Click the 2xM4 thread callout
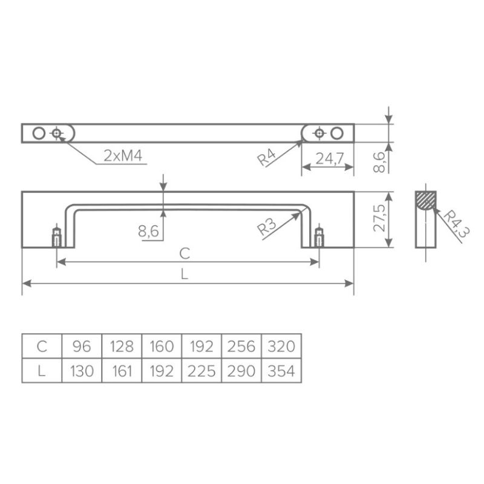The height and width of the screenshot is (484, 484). click(123, 155)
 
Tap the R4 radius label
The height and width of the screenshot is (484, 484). click(266, 157)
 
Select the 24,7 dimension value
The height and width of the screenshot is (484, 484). click(329, 159)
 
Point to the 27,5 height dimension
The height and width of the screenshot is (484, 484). click(379, 218)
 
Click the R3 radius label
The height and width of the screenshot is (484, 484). click(266, 227)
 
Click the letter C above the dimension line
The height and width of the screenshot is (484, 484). click(185, 253)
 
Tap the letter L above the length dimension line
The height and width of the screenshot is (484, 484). click(185, 274)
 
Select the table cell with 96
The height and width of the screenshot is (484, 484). click(82, 346)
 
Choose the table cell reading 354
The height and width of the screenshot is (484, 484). click(281, 371)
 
